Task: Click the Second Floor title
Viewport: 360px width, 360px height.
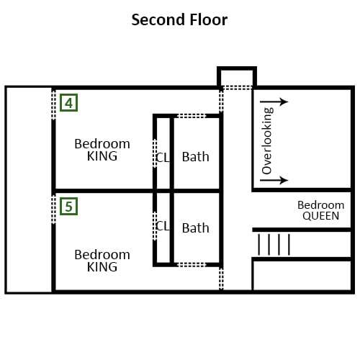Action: pos(179,19)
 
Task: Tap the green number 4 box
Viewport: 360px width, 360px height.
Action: pos(68,103)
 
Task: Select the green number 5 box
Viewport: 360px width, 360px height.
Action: pos(68,207)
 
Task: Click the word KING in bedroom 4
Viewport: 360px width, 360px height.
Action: pos(102,156)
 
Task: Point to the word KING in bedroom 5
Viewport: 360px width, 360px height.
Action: pos(102,267)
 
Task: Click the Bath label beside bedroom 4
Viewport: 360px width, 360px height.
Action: pos(196,157)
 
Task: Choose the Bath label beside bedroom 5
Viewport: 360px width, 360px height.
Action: pos(196,228)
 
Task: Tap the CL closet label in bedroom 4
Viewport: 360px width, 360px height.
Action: pos(163,158)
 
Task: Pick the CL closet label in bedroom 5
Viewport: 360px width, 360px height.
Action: pos(163,226)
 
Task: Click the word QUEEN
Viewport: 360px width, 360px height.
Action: pos(321,216)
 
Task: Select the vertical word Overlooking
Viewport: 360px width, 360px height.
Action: pos(267,140)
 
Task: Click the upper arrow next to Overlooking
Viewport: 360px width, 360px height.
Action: pos(274,102)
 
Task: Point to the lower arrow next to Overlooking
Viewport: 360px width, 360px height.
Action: pos(274,180)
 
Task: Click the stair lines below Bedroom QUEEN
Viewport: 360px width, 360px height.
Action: pos(274,245)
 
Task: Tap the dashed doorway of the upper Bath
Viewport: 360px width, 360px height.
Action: pos(192,116)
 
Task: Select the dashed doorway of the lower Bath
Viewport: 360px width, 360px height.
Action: pos(192,265)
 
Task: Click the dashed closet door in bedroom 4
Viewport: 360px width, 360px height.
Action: pos(155,153)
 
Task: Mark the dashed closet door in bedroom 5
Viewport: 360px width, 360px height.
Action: pos(155,226)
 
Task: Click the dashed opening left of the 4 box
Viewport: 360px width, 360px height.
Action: pos(53,104)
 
